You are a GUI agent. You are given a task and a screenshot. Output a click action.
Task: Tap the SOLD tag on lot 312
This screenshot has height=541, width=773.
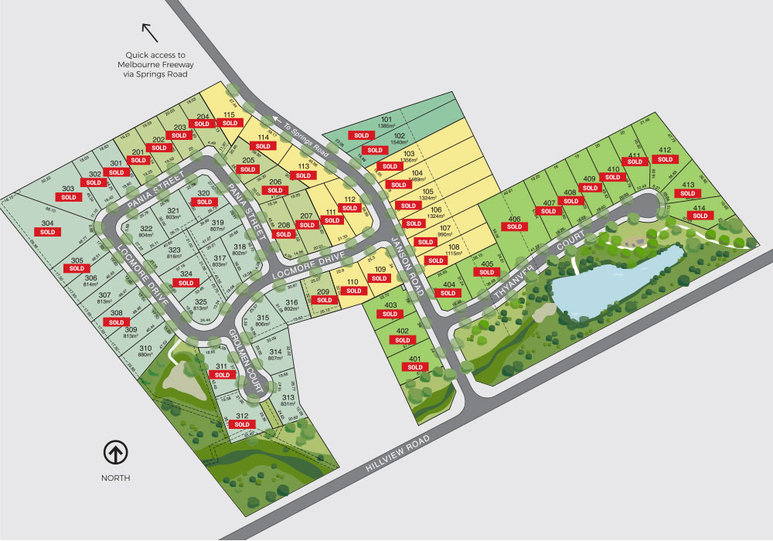[x=242, y=424]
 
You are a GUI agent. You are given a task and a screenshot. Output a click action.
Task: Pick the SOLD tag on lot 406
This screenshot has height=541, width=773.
[x=515, y=227]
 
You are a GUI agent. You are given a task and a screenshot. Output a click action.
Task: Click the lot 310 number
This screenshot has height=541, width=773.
[x=145, y=348]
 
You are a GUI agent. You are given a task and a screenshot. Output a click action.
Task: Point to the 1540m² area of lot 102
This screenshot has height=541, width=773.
[x=399, y=142]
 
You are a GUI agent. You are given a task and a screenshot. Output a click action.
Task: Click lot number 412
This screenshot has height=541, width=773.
[x=665, y=150]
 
